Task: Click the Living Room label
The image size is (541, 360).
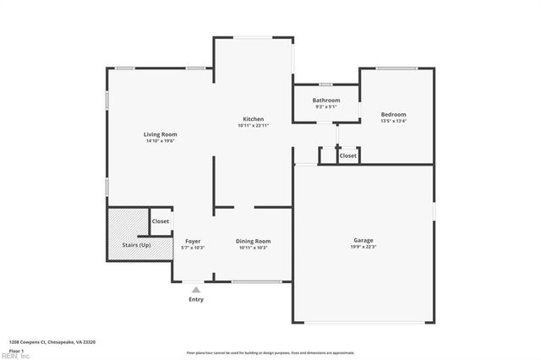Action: (x=160, y=134)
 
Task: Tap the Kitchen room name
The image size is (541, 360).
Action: (x=254, y=120)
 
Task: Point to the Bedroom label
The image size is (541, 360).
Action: (x=393, y=115)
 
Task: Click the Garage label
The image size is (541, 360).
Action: (x=363, y=241)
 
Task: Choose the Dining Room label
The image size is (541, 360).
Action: (x=253, y=241)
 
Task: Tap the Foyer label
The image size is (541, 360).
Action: (x=193, y=241)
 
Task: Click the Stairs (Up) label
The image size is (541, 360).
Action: (x=136, y=244)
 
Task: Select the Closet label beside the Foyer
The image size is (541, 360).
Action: (x=160, y=221)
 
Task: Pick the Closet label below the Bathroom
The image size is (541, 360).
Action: (x=348, y=155)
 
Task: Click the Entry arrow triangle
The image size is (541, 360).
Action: (x=196, y=289)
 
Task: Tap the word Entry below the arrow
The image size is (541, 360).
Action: (x=196, y=299)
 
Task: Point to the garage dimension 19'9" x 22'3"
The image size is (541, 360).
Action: (x=363, y=248)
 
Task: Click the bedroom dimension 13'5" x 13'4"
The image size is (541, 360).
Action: (x=393, y=122)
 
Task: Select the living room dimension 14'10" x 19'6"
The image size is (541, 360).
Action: (x=160, y=141)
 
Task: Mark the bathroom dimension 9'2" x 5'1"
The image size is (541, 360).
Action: (x=326, y=107)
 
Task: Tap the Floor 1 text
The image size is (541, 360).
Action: (x=16, y=350)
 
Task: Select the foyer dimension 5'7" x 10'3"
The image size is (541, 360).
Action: (x=193, y=248)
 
